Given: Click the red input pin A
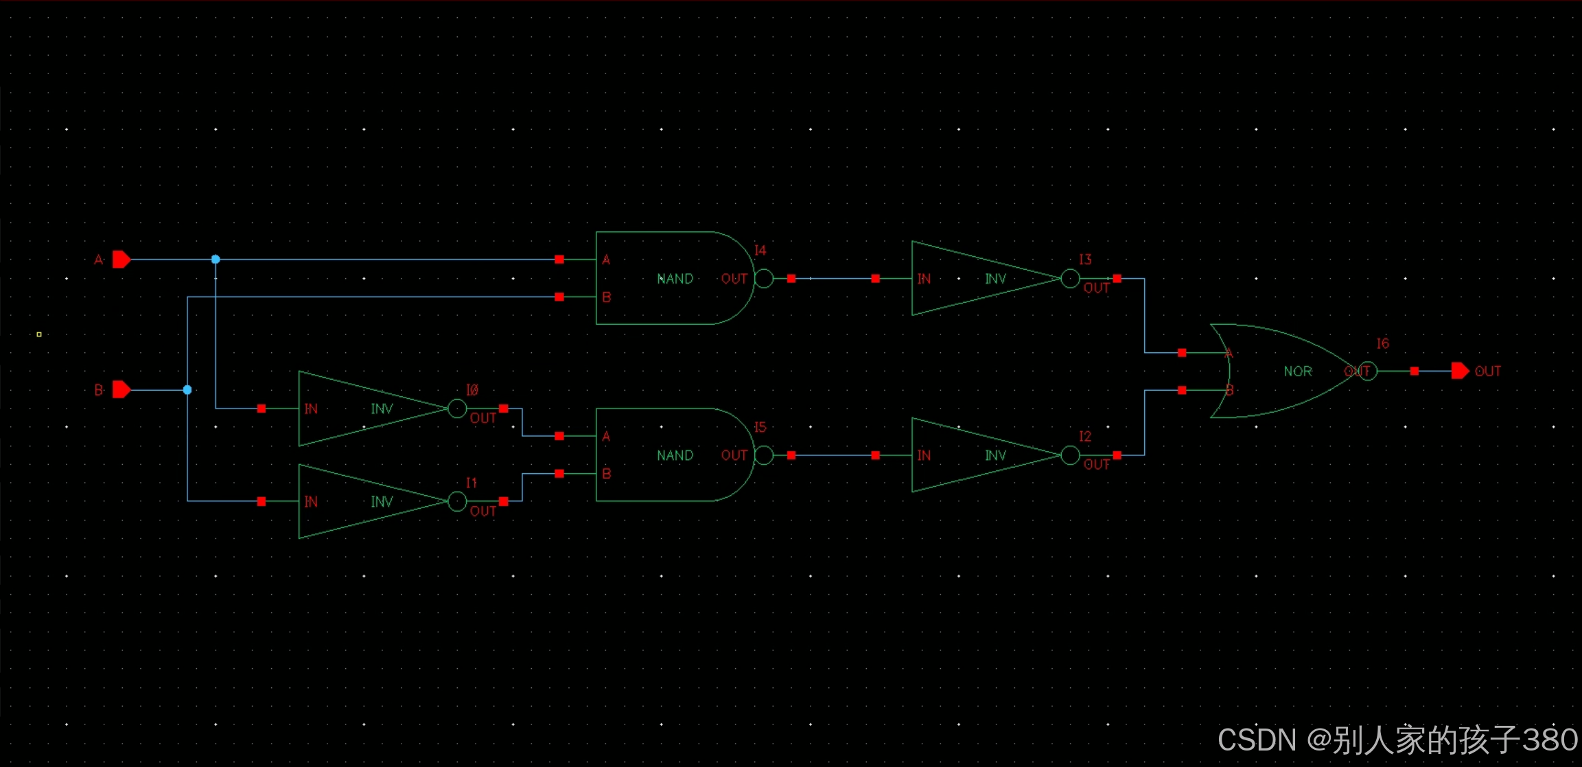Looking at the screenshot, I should point(121,260).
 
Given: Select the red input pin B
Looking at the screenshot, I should point(121,390).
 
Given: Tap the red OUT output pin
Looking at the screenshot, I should point(1460,371).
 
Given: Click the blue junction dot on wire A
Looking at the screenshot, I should point(216,260).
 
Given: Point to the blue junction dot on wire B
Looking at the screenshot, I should point(187,390).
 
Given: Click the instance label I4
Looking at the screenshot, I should point(760,251).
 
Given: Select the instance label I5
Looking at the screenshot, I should point(760,427).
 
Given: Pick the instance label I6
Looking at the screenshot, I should point(1382,343).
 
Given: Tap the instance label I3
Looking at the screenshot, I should point(1085,260).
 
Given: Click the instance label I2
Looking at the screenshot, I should point(1085,436).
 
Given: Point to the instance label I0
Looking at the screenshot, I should point(472,390).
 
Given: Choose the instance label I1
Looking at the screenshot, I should point(472,483).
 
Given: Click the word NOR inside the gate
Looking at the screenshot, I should point(1298,371).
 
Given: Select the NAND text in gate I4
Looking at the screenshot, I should point(675,279).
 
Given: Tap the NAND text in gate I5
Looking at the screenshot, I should point(675,455).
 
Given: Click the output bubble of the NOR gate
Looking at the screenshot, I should point(1368,371).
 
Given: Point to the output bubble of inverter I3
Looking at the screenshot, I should point(1070,279).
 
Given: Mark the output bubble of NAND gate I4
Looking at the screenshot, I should point(764,279).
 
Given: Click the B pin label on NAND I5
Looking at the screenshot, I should point(607,474).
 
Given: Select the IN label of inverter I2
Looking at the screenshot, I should point(924,455).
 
